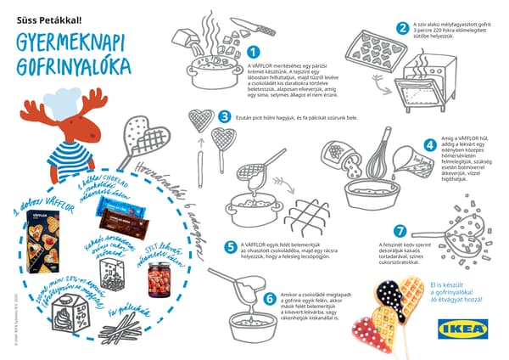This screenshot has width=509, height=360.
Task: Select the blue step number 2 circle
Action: (402, 27)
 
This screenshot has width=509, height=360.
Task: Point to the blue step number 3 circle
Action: (224, 117)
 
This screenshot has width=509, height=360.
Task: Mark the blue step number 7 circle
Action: (402, 230)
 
